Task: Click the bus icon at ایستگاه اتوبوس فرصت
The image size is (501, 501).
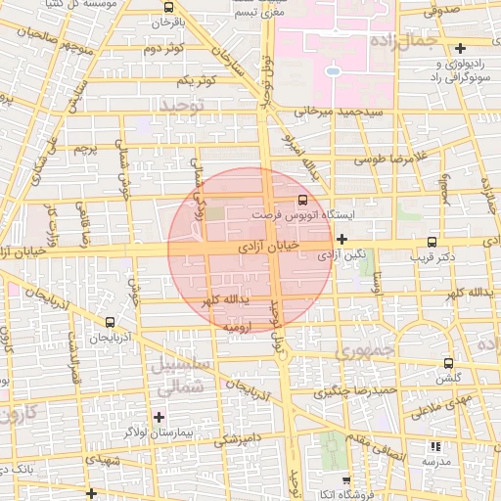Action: point(301,200)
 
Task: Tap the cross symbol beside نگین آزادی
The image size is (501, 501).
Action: point(342,239)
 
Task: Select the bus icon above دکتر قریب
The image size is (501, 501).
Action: point(433,242)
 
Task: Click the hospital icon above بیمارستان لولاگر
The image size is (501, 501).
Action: point(159,417)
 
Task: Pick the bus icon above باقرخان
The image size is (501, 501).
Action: point(168,6)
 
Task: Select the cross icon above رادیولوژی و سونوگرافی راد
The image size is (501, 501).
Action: point(460,48)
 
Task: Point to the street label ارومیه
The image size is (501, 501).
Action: point(240,324)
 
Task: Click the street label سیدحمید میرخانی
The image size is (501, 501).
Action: point(335,113)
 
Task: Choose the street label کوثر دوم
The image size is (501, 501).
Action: point(164,48)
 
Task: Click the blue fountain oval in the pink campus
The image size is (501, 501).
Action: point(333,71)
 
